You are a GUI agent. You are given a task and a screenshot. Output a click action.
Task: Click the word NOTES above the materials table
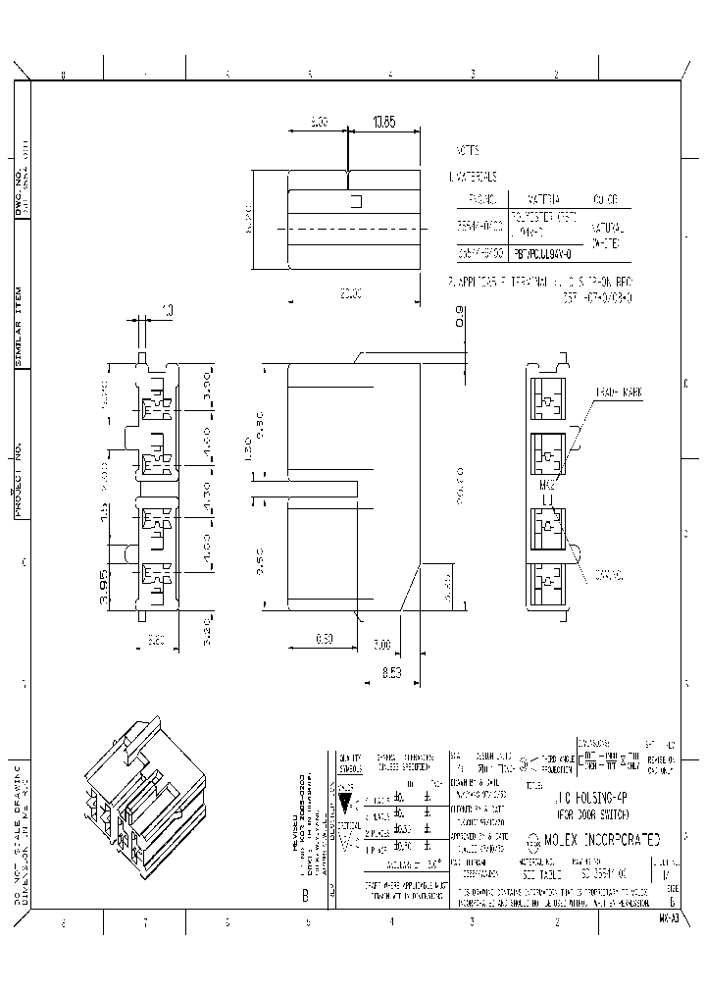tap(467, 153)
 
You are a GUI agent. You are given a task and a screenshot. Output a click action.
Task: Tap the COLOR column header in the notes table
tap(604, 198)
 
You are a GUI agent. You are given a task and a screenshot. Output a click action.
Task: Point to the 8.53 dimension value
tap(392, 672)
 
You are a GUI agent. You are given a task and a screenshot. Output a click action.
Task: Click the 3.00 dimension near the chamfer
tap(382, 645)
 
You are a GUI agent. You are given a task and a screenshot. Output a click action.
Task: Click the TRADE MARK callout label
tap(618, 392)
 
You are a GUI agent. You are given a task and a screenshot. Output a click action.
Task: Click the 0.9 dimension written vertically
tap(460, 316)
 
